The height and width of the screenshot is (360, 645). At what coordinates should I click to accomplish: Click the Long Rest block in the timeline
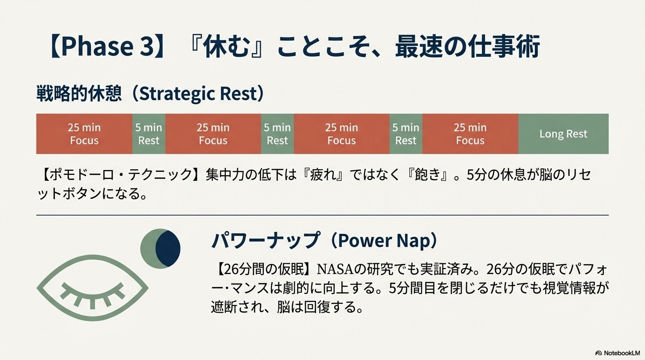tap(563, 134)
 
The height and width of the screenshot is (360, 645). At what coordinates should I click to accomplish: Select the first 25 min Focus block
tap(84, 134)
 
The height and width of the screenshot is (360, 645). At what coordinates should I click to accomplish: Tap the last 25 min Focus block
tap(470, 134)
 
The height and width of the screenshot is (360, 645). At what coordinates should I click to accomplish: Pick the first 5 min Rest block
tap(149, 134)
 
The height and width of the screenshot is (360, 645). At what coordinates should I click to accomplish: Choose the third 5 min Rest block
tap(406, 134)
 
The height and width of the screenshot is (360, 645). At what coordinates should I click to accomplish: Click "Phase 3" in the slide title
tap(108, 46)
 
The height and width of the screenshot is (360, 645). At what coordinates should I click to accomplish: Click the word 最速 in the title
tap(418, 46)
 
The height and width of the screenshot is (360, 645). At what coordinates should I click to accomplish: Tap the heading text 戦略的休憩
tap(79, 94)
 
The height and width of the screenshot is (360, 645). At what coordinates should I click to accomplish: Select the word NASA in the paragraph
tap(335, 269)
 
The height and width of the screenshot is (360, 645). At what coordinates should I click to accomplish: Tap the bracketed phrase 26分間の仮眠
tap(264, 269)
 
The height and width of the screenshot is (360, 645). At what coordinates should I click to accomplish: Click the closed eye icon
tap(92, 288)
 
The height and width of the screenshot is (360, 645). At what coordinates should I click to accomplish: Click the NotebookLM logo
tap(618, 353)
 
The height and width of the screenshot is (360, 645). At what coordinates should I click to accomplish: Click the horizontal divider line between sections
tap(322, 215)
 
